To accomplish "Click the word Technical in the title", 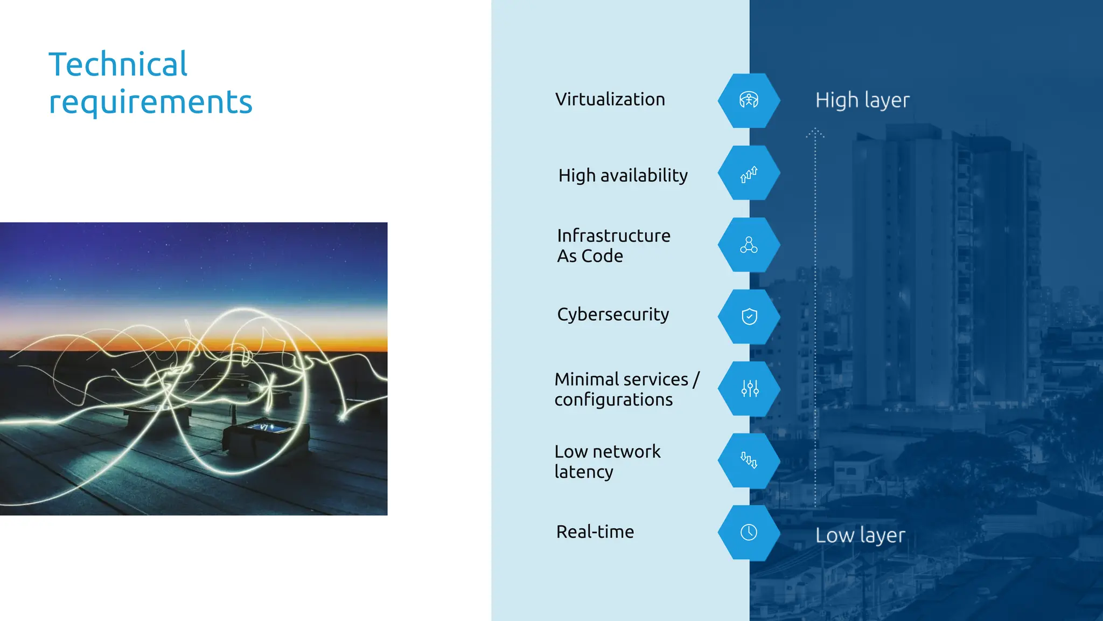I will [118, 64].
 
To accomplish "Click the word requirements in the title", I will [150, 102].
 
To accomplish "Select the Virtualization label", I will [610, 99].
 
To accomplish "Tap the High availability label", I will [623, 175].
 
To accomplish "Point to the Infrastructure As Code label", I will [613, 245].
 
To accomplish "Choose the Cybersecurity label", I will [613, 314].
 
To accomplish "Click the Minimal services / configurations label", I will [626, 389].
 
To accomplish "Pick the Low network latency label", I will [607, 461].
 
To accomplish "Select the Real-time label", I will [595, 532].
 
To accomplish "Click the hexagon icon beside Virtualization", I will [749, 100].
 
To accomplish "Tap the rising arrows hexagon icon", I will [749, 173].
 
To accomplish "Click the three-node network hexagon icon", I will [749, 245].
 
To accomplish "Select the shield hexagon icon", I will [749, 316].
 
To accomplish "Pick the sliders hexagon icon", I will [749, 388].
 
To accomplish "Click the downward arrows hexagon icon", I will [749, 460].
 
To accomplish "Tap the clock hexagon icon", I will [749, 533].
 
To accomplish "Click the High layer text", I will [862, 100].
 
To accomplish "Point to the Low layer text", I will [860, 535].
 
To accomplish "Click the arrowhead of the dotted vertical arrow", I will [815, 132].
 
